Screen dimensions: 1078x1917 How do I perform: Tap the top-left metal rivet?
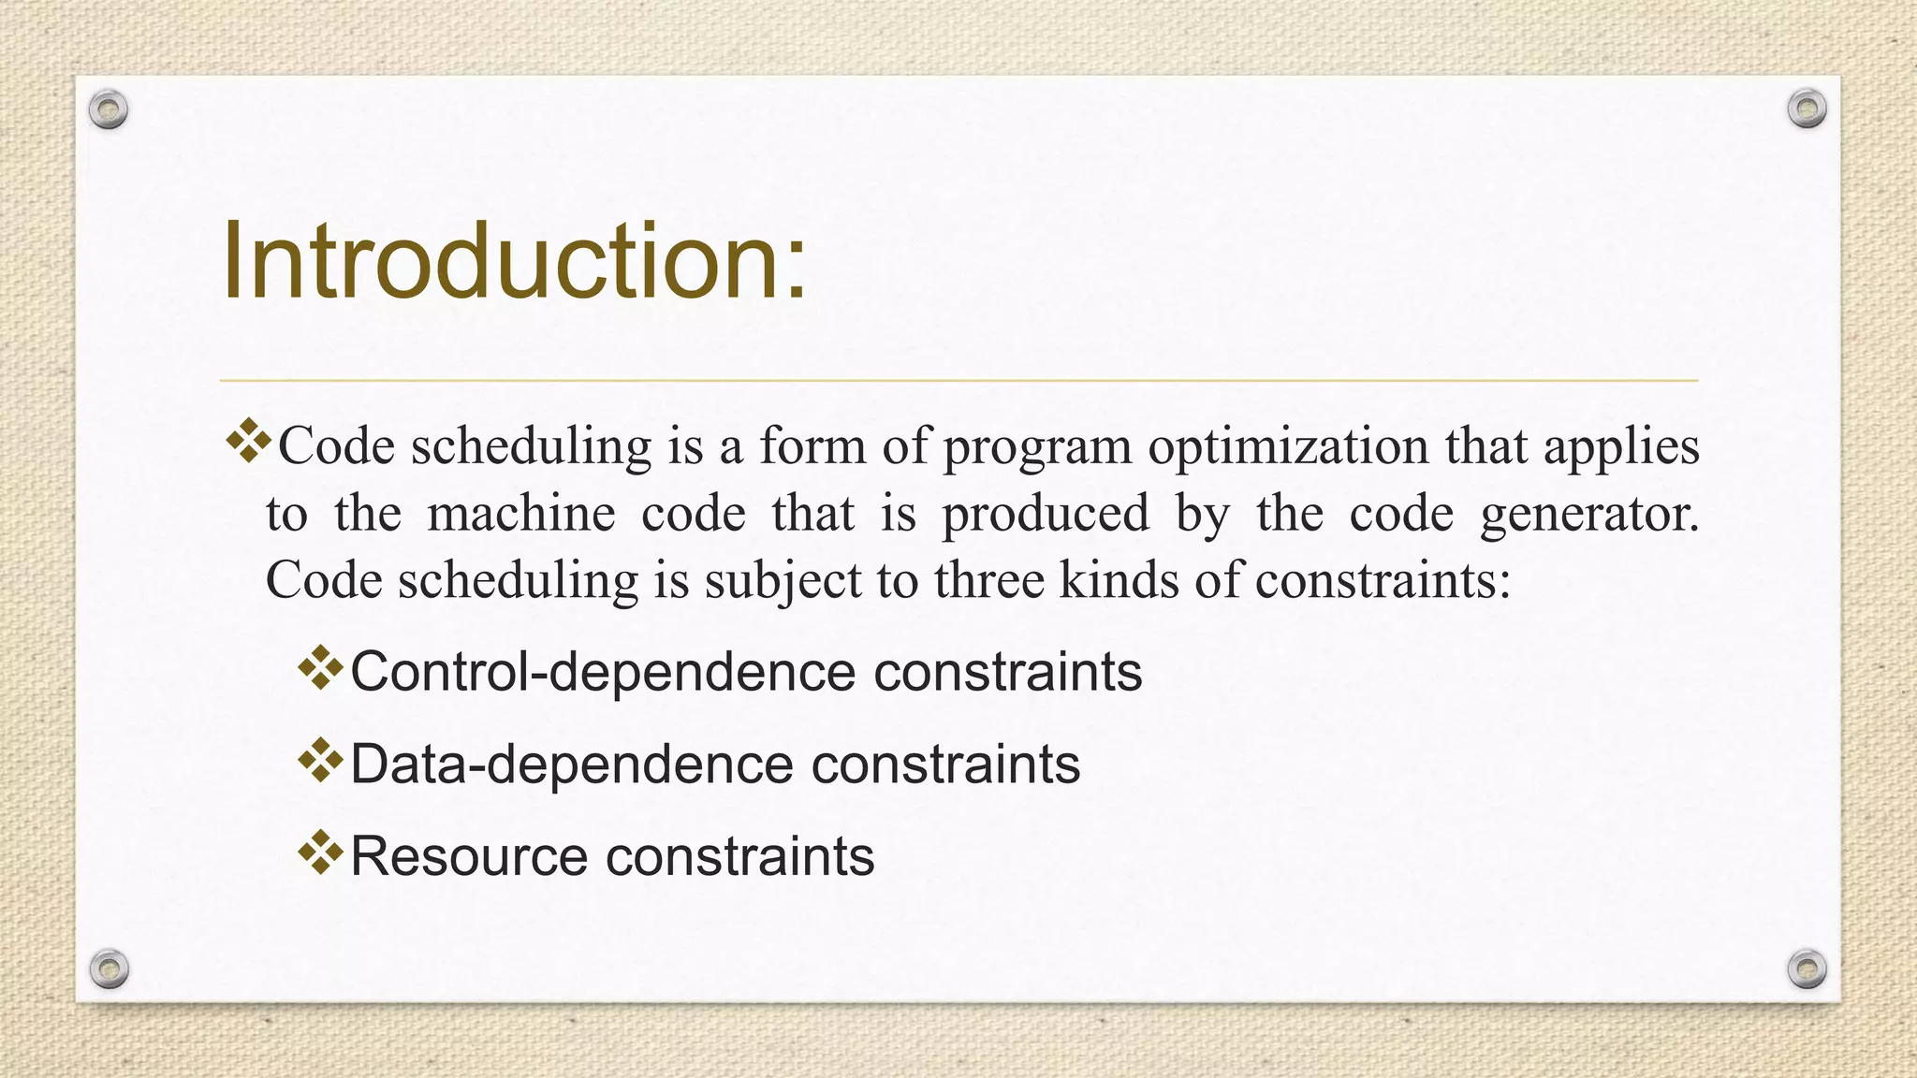coord(109,110)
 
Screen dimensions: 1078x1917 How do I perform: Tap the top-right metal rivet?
coord(1807,109)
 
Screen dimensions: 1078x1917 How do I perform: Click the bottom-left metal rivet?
coord(109,969)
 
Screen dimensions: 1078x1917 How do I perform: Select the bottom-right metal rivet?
coord(1807,969)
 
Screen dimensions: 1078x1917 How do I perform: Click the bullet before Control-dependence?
coord(321,668)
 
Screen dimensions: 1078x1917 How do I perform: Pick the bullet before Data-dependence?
coord(321,761)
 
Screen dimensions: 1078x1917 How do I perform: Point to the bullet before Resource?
coord(321,852)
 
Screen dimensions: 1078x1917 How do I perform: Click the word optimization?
coord(1288,445)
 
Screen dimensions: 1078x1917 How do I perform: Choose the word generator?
coord(1588,514)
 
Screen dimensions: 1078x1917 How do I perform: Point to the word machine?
coord(522,514)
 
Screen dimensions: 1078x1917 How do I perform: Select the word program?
coord(1037,447)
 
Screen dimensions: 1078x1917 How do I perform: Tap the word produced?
coord(1046,514)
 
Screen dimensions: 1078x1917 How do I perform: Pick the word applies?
coord(1621,447)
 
